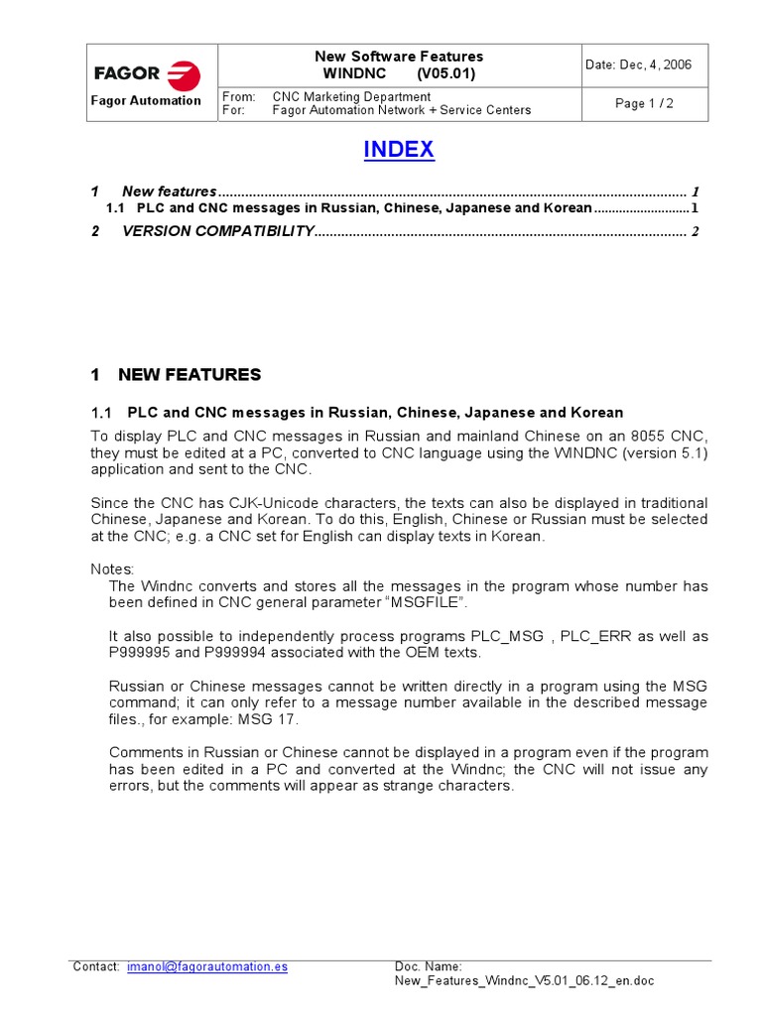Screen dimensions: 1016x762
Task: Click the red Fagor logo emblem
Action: (184, 74)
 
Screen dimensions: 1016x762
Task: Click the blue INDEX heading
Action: (398, 150)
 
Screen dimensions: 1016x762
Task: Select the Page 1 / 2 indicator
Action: (644, 103)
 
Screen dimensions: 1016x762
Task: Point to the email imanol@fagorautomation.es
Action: (207, 966)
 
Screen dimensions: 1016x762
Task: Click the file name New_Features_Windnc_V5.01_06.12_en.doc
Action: (524, 981)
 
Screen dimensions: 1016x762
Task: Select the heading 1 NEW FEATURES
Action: (176, 375)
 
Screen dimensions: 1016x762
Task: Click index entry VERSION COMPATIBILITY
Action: (217, 232)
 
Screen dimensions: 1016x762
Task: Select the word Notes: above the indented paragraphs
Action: (111, 569)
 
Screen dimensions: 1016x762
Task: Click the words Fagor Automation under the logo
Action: (146, 100)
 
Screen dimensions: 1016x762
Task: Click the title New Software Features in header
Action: (399, 57)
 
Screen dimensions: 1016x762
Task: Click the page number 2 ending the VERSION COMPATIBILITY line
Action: (696, 232)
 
